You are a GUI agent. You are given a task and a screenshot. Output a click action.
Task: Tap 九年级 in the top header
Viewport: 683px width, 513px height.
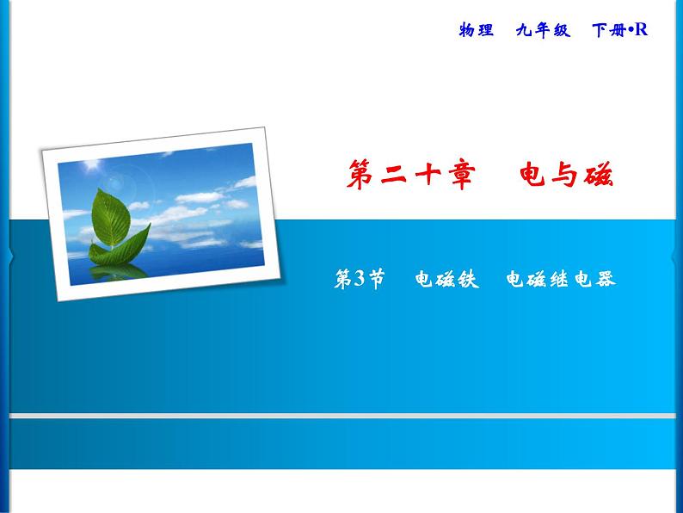coord(542,30)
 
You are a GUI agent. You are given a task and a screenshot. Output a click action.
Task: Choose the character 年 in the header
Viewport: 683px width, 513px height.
coord(542,30)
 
